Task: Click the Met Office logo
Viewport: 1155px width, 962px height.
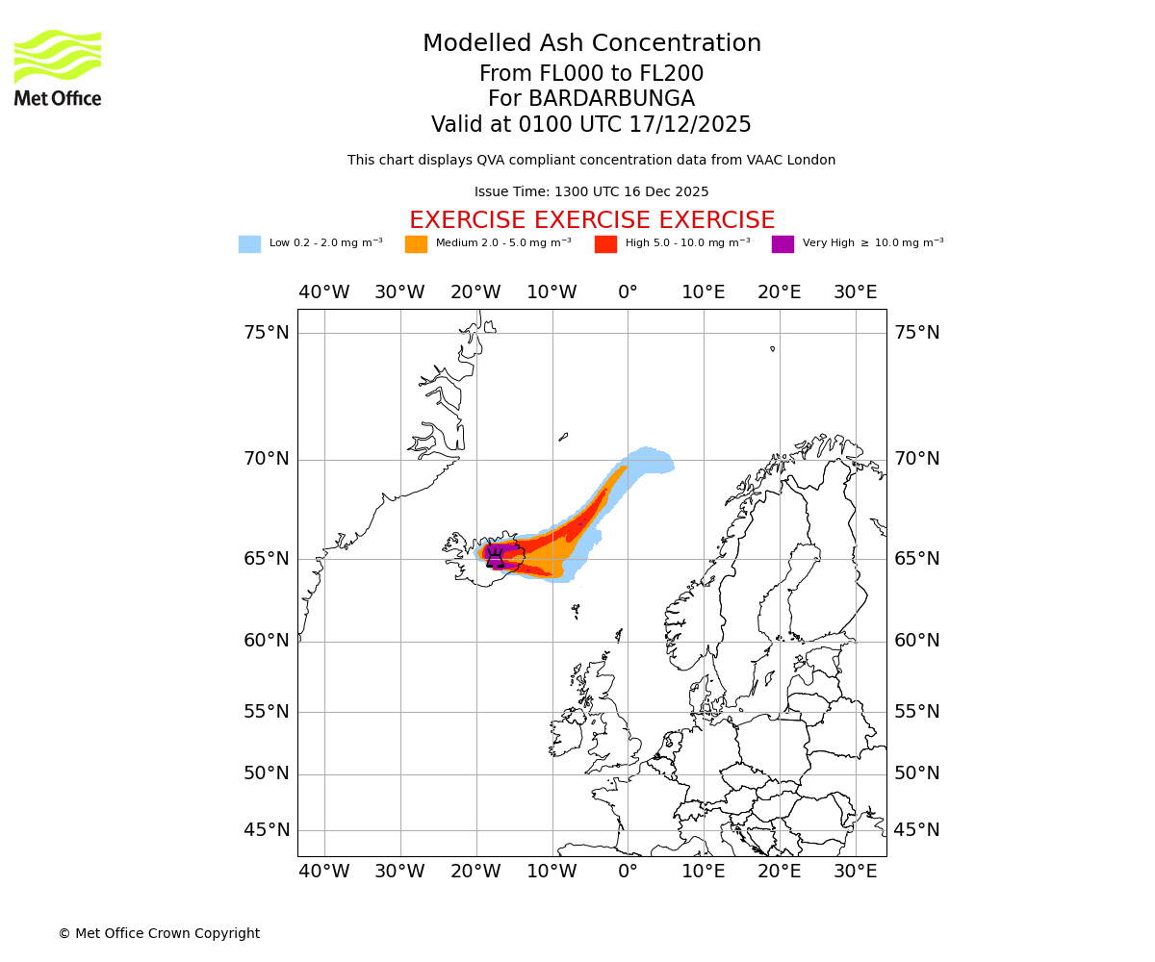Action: [58, 67]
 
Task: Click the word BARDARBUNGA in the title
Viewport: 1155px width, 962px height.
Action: [611, 99]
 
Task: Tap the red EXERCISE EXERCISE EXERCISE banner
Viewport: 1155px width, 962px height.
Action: [592, 220]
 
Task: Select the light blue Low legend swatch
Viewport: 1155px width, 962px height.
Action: [249, 244]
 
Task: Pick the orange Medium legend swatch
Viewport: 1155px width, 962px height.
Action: [416, 244]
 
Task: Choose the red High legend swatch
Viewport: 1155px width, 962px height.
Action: [605, 244]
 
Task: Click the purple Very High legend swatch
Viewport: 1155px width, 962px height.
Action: [783, 244]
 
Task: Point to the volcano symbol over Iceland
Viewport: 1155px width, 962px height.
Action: [495, 558]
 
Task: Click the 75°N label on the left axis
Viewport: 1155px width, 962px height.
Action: [266, 333]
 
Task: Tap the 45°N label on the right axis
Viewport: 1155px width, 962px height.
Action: [917, 830]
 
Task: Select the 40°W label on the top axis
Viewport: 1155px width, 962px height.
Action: [323, 292]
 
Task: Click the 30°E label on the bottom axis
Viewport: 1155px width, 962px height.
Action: [855, 872]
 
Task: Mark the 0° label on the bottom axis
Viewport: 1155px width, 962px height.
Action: [628, 872]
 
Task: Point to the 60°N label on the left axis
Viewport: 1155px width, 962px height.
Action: [266, 641]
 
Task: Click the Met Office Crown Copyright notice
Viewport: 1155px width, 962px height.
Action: [159, 933]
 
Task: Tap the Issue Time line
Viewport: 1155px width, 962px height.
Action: [592, 192]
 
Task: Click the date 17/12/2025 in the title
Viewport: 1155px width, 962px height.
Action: [690, 125]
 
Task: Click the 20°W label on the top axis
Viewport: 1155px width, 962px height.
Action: [475, 292]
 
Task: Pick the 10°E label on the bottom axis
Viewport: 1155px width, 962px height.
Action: [703, 872]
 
